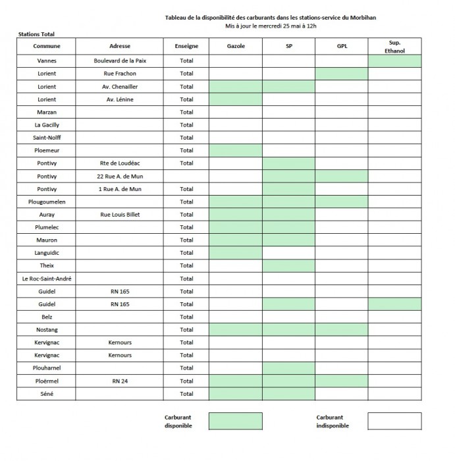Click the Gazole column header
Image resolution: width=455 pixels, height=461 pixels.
(x=236, y=47)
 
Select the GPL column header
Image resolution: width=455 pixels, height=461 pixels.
(x=342, y=47)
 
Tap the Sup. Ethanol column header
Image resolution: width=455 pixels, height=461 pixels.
(x=394, y=46)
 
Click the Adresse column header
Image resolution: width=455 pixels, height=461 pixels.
(x=120, y=47)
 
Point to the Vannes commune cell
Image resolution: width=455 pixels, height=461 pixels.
(x=46, y=61)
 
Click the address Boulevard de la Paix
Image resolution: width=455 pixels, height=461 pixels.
(x=120, y=61)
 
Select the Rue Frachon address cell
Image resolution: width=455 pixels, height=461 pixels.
(x=120, y=74)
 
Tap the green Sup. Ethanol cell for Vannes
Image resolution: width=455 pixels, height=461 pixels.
(x=394, y=61)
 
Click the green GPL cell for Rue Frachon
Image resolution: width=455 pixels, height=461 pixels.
(x=342, y=74)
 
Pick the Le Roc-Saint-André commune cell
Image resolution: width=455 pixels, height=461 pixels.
(x=46, y=279)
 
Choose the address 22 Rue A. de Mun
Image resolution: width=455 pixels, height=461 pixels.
(x=120, y=176)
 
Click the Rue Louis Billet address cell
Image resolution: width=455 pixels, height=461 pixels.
(x=120, y=215)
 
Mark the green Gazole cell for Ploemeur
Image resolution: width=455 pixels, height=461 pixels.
(x=236, y=151)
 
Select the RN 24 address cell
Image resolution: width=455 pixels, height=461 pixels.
(x=120, y=381)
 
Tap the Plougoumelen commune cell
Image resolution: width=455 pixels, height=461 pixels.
(x=46, y=202)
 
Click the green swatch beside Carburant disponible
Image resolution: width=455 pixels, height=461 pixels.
(x=235, y=421)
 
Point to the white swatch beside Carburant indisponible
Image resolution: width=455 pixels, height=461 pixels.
(x=394, y=421)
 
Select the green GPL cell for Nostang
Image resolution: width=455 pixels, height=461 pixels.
(x=342, y=330)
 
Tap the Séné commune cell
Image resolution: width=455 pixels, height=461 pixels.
(x=46, y=394)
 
